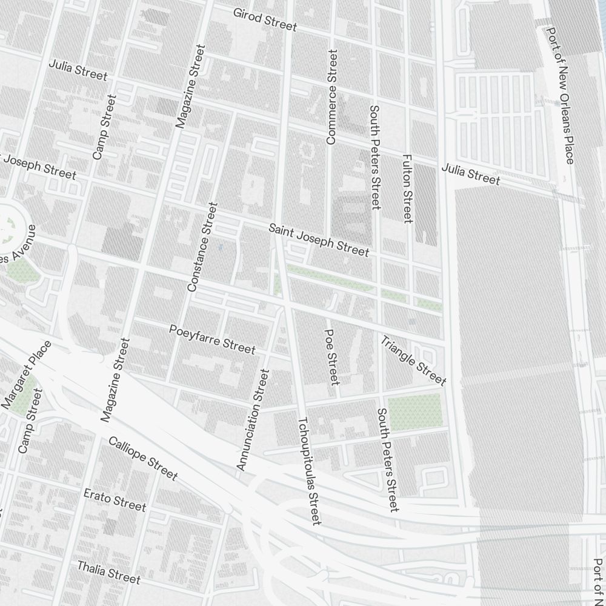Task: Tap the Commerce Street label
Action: coord(331,97)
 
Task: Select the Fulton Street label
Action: coord(407,188)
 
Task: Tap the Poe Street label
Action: coord(331,357)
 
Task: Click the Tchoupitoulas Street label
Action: coord(308,470)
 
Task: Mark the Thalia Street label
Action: coord(108,572)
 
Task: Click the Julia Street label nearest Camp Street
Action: coord(78,70)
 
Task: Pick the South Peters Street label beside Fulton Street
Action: coord(375,157)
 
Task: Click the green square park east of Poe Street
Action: coord(415,412)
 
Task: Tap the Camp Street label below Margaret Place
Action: coord(30,421)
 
